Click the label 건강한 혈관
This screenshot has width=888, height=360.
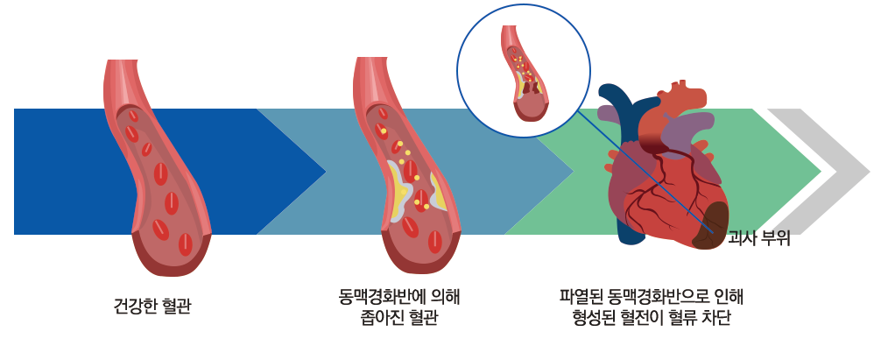(152, 307)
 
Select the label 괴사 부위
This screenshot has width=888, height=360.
(759, 238)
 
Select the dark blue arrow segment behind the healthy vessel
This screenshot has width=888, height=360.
(61, 172)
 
